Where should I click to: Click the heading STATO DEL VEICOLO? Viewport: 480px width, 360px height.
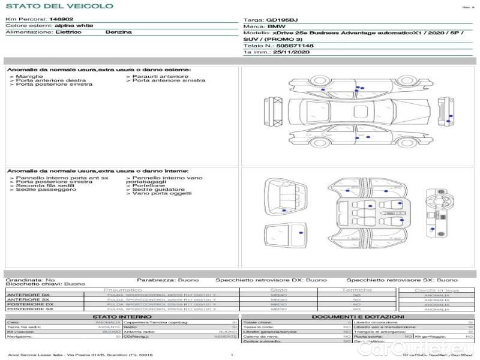59,6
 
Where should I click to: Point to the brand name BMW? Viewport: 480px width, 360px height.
276,27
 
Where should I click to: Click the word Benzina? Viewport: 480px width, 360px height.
118,32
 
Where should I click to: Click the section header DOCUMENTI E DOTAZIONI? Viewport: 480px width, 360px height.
358,316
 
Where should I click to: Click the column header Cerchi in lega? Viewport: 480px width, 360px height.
436,290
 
